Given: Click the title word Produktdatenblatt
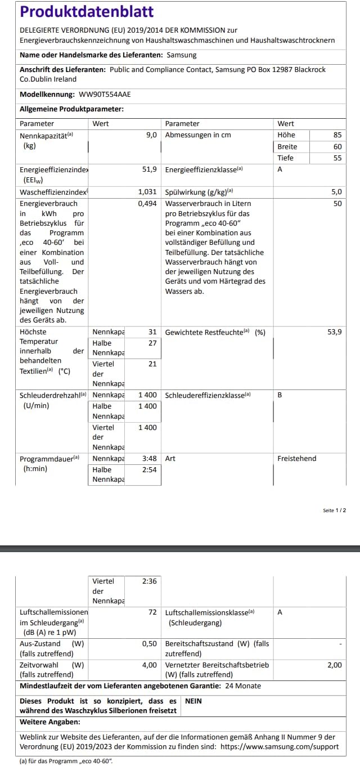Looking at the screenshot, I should click(x=87, y=12).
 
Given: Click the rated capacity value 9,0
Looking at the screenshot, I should click(x=151, y=135).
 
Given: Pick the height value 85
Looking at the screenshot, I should click(x=337, y=135).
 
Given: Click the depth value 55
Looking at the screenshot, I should click(x=337, y=158).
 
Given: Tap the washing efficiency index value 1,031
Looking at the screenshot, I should click(x=147, y=192).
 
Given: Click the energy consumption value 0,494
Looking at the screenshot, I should click(x=147, y=204).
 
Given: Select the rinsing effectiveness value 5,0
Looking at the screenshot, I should click(x=336, y=192).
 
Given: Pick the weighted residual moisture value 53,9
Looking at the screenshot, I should click(x=334, y=332).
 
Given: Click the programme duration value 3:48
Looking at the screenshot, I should click(x=149, y=459).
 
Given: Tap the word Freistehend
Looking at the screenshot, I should click(x=296, y=459).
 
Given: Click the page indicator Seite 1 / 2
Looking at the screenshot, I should click(x=334, y=510).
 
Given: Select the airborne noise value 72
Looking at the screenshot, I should click(x=152, y=612).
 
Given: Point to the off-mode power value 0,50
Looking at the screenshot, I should click(x=149, y=643).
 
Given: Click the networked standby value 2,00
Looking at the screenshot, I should click(x=334, y=665).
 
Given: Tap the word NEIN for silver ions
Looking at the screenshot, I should click(x=193, y=701).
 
